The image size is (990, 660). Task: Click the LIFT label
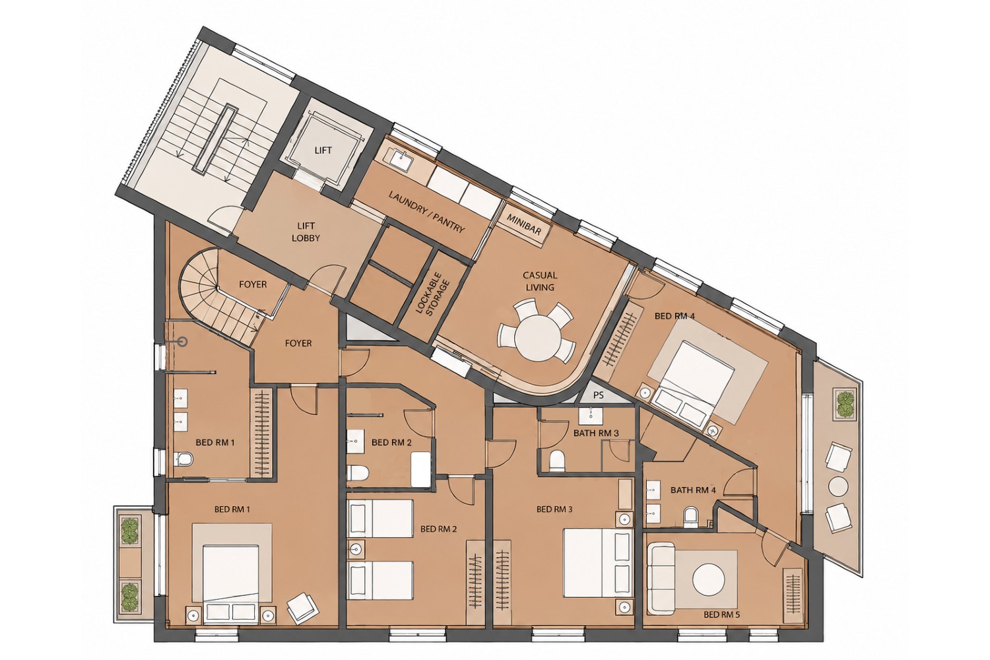(323, 150)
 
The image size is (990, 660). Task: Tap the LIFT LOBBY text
(306, 232)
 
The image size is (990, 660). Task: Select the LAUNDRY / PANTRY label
(427, 213)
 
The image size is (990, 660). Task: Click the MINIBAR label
(524, 224)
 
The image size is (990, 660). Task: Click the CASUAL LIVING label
(540, 281)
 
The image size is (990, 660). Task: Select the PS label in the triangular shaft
(599, 395)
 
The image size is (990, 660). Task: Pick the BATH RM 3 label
(596, 433)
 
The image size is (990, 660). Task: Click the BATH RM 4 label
(693, 490)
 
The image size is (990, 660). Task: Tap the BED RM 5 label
(722, 614)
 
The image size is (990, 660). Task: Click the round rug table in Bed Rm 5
(708, 579)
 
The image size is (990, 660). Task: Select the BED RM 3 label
(554, 510)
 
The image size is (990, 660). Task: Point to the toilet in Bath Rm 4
(690, 517)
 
